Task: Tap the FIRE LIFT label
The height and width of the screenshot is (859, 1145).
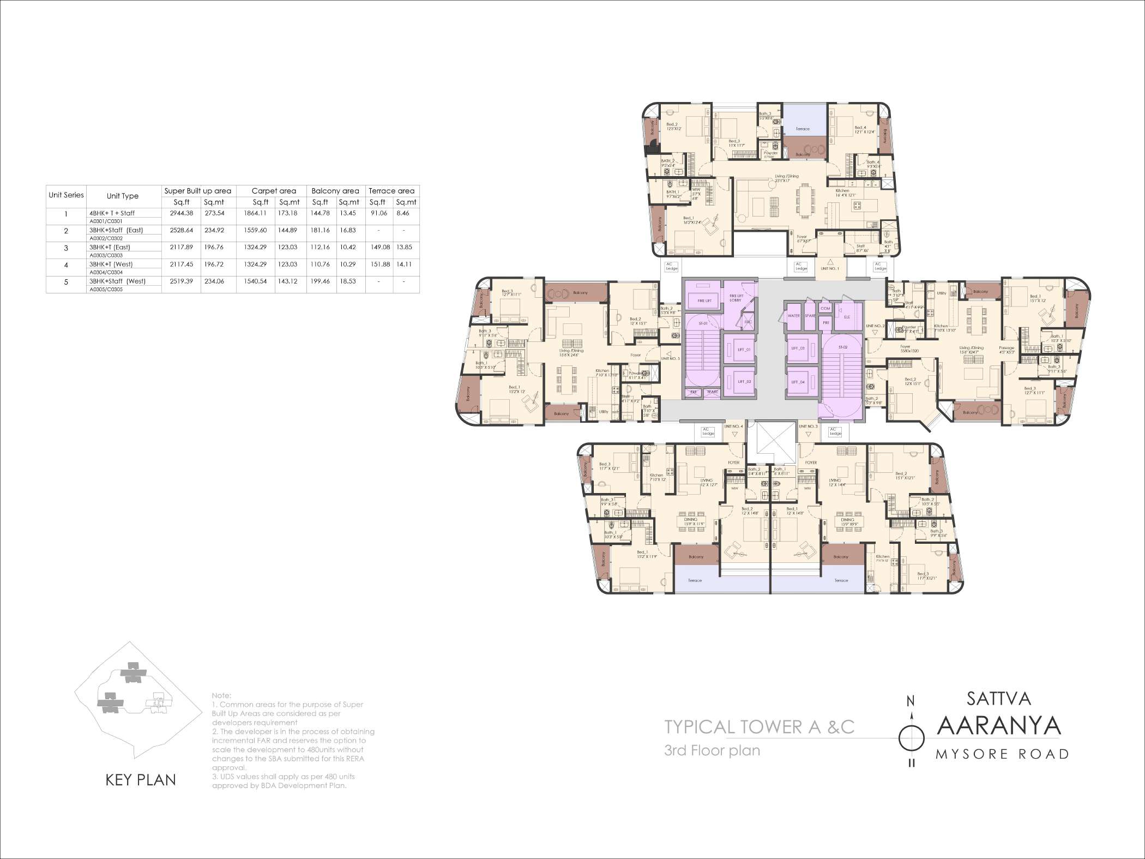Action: click(x=704, y=301)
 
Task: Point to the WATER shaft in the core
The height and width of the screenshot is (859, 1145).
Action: click(x=793, y=316)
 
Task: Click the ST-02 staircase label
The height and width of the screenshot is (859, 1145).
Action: click(x=842, y=347)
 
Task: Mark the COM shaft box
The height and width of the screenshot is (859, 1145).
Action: click(x=825, y=308)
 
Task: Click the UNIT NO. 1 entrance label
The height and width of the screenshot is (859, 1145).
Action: click(x=829, y=268)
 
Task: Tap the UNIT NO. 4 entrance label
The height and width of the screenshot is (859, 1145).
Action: click(x=733, y=427)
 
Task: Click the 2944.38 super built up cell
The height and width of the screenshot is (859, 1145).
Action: click(x=181, y=213)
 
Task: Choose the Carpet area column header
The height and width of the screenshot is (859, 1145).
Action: click(x=274, y=191)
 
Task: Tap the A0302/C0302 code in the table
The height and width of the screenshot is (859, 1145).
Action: click(x=106, y=238)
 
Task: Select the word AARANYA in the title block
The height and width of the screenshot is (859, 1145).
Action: click(x=999, y=726)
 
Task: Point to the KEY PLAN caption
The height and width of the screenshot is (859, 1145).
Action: click(x=141, y=780)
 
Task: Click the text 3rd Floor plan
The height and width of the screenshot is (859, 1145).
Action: click(x=712, y=750)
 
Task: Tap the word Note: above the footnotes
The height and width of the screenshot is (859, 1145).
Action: click(x=221, y=695)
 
